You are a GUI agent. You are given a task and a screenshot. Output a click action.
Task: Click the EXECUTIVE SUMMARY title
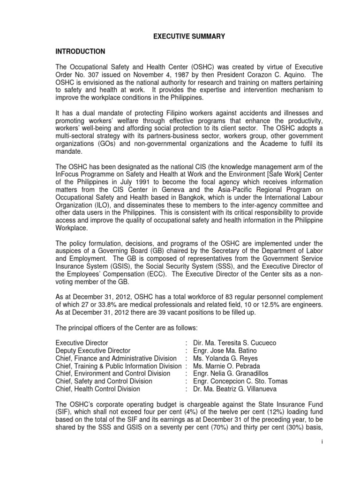(180, 36)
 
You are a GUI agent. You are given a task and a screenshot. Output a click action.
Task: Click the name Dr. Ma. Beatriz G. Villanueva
(237, 388)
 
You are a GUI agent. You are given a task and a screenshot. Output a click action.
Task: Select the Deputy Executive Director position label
(93, 351)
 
